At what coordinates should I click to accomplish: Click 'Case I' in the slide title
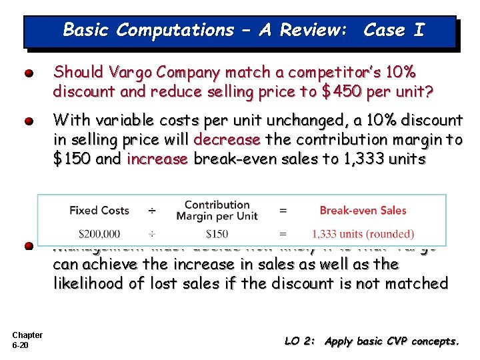coord(393,30)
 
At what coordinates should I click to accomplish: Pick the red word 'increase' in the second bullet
coord(157,160)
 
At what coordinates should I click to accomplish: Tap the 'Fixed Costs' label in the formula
coord(99,211)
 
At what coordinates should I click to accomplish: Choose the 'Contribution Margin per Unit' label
coord(217,211)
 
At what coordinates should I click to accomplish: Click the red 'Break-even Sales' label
coord(363,211)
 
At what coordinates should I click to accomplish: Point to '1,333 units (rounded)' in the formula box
coord(363,234)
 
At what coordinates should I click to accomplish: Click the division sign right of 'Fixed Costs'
coord(152,211)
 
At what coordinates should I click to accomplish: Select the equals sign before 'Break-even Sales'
coord(283,211)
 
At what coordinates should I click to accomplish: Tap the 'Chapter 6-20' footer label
coord(27,340)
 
